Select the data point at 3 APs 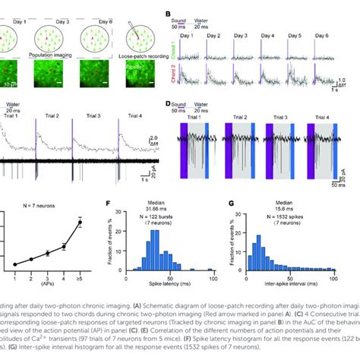pos(47,253)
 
